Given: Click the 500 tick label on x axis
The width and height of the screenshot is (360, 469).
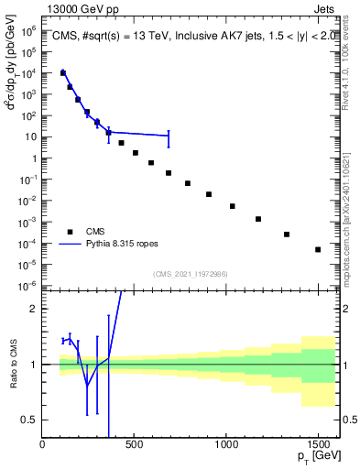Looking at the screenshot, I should [x=134, y=445].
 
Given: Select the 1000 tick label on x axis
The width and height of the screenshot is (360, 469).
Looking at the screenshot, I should [x=225, y=445].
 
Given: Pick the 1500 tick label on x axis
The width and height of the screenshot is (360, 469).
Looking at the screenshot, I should [x=318, y=445].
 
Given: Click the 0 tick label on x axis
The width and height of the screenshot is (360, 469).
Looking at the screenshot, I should [x=42, y=445].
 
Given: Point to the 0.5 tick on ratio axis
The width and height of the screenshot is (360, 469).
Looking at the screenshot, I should [x=29, y=420].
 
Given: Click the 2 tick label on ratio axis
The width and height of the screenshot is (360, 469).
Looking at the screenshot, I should [x=33, y=309].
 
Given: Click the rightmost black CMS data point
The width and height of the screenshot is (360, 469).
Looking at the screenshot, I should [x=318, y=249].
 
